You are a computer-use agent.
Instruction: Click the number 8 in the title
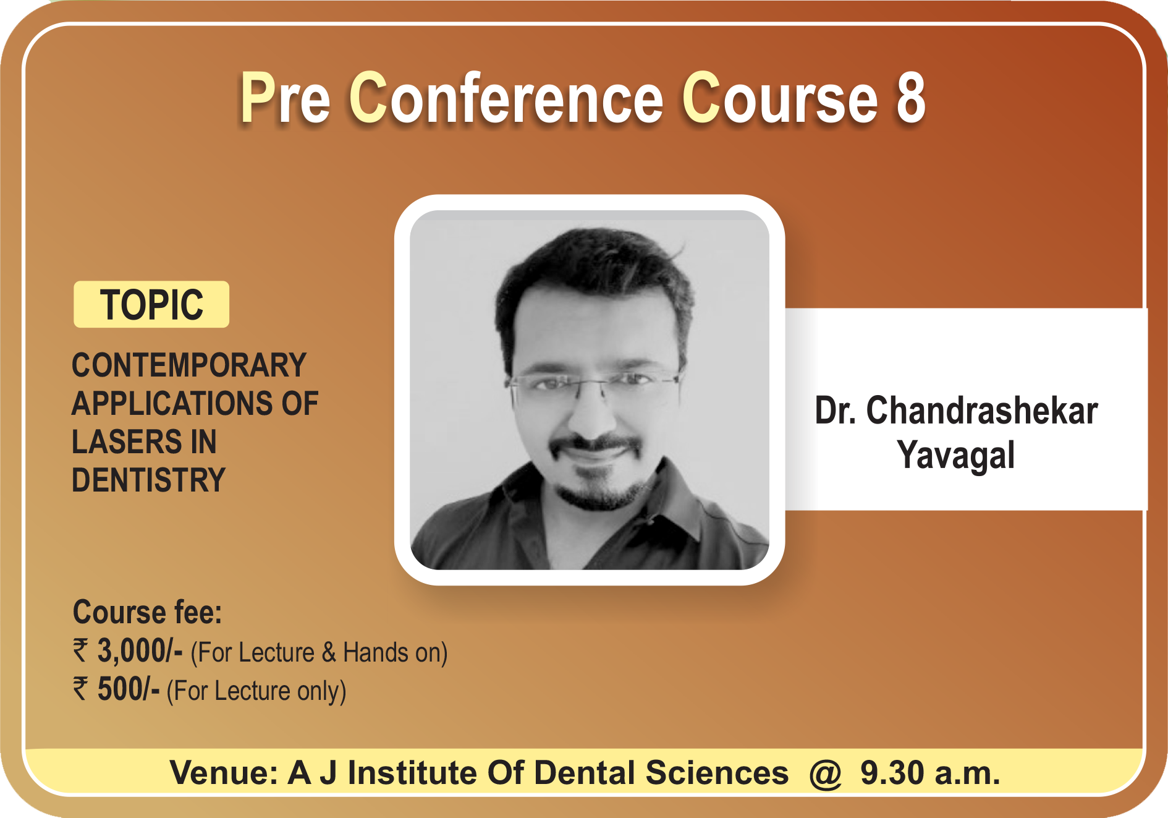click(910, 98)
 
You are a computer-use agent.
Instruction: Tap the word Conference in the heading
click(506, 97)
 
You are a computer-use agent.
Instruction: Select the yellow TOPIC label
click(151, 304)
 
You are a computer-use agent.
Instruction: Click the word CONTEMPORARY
click(189, 365)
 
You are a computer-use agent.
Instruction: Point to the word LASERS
click(127, 441)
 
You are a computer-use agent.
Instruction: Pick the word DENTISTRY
click(149, 480)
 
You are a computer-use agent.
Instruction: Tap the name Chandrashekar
click(982, 411)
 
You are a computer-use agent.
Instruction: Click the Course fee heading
click(147, 612)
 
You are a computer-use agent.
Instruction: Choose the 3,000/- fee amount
click(140, 651)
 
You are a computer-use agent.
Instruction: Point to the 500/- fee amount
click(129, 689)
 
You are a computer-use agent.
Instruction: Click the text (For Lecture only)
click(256, 691)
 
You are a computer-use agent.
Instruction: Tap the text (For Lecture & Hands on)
click(319, 653)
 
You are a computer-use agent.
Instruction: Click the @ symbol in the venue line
click(826, 773)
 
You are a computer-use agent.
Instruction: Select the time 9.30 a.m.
click(930, 773)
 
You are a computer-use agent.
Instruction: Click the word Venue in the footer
click(224, 773)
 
